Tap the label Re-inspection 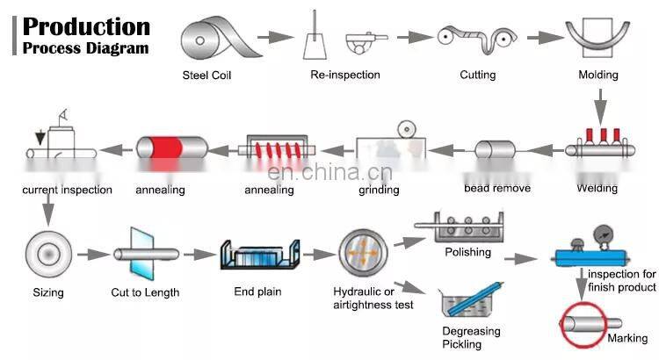coord(345,75)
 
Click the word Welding coord(597,188)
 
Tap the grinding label coord(379,190)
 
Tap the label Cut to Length coord(145,292)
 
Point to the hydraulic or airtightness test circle coord(362,253)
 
